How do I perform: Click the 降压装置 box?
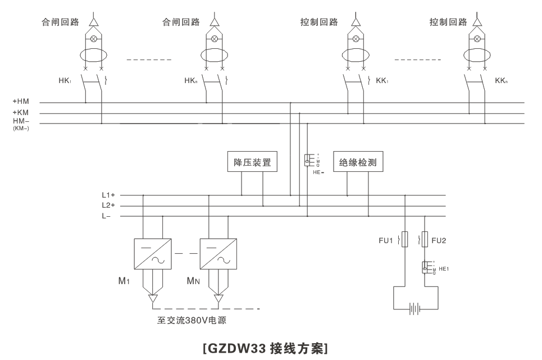(252, 162)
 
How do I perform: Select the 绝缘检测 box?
(358, 162)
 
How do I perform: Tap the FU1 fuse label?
(385, 240)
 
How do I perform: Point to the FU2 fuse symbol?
(425, 239)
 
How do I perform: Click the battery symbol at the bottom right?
(415, 308)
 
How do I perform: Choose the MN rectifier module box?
(218, 253)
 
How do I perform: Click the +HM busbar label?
(21, 102)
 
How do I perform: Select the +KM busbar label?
(21, 113)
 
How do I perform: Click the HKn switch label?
(191, 81)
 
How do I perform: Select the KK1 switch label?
(382, 81)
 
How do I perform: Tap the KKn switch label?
(501, 81)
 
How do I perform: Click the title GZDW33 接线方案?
(266, 348)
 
